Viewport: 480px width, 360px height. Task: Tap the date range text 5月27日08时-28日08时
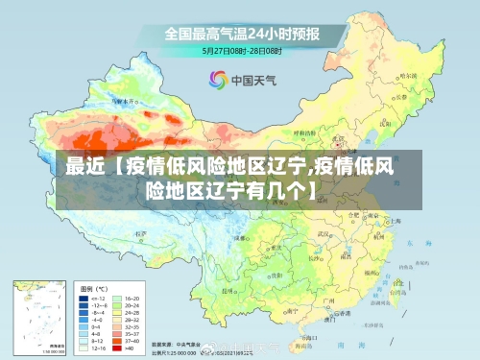point(240,49)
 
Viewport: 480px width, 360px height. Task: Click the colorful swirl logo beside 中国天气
point(217,80)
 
